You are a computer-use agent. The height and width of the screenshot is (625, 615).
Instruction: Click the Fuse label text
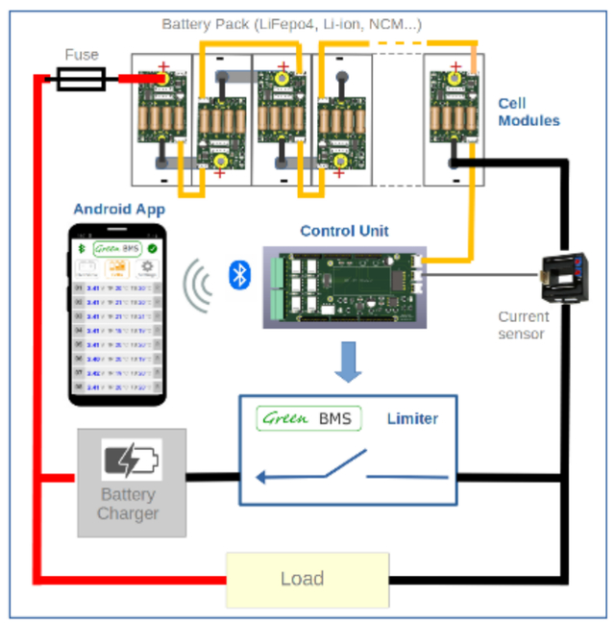pos(82,55)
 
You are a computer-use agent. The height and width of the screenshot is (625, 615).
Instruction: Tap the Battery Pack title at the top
pos(291,23)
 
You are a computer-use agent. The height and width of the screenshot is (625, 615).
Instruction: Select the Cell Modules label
pos(529,112)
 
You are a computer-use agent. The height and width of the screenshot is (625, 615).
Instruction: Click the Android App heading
pos(119,209)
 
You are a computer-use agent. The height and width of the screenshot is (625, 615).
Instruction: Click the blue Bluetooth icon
pos(239,275)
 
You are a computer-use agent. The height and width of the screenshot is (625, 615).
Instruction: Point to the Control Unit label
pos(344,231)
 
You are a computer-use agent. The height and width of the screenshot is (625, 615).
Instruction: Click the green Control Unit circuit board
pos(343,287)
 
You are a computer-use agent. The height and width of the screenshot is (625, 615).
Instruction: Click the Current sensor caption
pos(524,325)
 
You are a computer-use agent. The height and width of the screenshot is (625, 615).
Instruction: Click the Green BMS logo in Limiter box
pos(308,418)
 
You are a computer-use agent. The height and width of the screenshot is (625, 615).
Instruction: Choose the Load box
pos(307,579)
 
